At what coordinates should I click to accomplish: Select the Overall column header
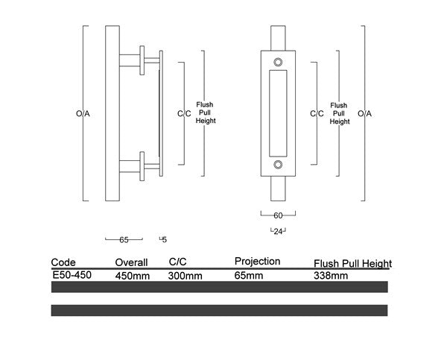(x=132, y=262)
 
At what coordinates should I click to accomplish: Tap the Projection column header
(x=257, y=262)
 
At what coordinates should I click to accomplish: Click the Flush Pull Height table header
(x=352, y=264)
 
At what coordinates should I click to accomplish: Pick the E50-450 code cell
(x=72, y=275)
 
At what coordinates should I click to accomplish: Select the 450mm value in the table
(x=132, y=276)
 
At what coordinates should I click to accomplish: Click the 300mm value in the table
(x=186, y=276)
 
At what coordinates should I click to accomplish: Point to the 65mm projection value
(x=248, y=276)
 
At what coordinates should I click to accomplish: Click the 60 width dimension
(x=278, y=215)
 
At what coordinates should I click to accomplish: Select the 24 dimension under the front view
(x=278, y=230)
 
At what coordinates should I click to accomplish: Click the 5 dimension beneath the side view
(x=164, y=240)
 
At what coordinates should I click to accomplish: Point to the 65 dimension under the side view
(x=124, y=240)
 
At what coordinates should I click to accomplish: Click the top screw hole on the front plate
(x=278, y=62)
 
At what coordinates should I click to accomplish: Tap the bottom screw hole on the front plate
(x=278, y=164)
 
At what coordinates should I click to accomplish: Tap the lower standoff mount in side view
(x=144, y=165)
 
